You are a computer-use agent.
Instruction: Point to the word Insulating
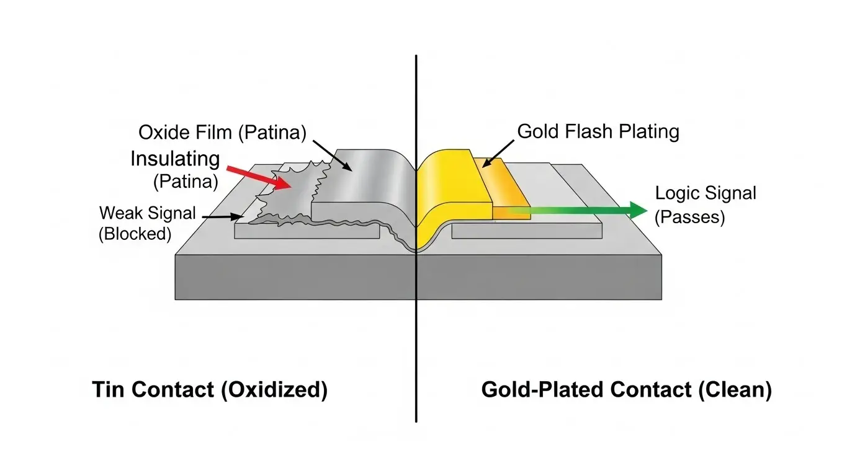[x=175, y=159]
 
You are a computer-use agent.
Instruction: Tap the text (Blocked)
[x=134, y=234]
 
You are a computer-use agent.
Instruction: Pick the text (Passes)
[x=690, y=218]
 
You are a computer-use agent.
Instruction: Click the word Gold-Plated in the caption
[x=543, y=390]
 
